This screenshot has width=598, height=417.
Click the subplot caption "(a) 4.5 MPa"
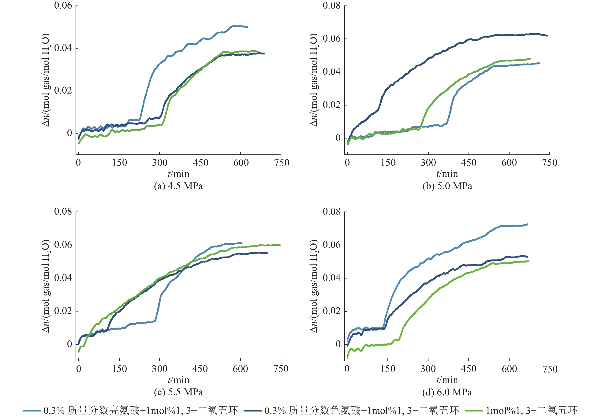178,186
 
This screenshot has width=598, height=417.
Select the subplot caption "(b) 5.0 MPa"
447,186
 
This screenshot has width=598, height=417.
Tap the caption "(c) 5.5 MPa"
178,392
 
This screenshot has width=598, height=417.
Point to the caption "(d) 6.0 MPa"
447,392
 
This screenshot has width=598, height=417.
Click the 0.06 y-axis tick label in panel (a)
63,6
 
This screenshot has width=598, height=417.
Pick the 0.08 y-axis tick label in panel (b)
331,6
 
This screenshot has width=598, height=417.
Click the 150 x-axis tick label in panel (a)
119,163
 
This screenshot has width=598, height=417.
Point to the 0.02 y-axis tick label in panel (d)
331,311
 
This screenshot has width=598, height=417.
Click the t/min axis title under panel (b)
447,174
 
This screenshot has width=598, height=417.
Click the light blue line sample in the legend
32,411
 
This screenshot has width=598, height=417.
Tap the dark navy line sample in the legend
253,411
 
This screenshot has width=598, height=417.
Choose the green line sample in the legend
474,411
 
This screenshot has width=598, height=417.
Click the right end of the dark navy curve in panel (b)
547,36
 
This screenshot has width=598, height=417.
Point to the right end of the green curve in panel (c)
280,245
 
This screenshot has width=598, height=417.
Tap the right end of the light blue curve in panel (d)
528,224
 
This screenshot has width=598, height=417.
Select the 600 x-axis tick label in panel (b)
509,163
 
